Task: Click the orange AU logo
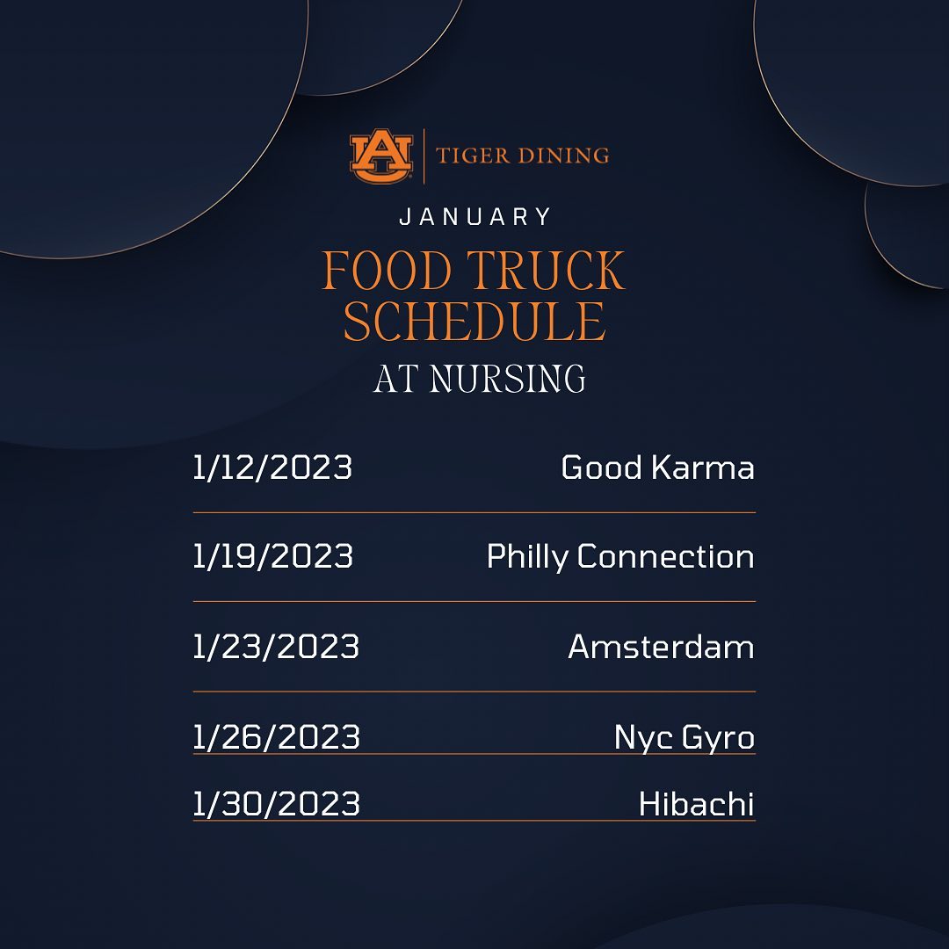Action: click(381, 156)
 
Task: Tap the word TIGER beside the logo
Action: click(473, 156)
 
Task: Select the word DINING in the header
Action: click(563, 156)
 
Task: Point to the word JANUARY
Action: click(475, 217)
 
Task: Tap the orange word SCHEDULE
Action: click(474, 321)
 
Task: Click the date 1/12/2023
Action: click(272, 467)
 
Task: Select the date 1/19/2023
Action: click(273, 556)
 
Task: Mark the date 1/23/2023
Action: click(276, 647)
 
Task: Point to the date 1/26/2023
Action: click(277, 737)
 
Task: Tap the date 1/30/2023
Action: click(277, 804)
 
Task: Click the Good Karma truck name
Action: click(658, 467)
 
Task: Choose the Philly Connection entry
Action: click(620, 557)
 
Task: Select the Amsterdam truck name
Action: click(662, 647)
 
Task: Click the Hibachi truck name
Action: click(697, 804)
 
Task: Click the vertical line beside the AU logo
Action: click(424, 156)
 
